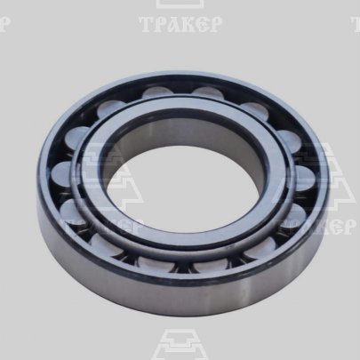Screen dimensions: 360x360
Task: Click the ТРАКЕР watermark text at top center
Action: [180, 24]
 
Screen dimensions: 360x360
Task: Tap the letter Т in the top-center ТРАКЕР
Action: [147, 24]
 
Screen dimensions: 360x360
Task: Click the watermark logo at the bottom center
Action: [180, 345]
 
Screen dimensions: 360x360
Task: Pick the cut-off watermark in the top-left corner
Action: [4, 24]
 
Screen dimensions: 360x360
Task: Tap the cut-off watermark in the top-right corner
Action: [356, 24]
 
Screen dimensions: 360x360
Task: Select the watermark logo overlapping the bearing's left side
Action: [109, 178]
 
